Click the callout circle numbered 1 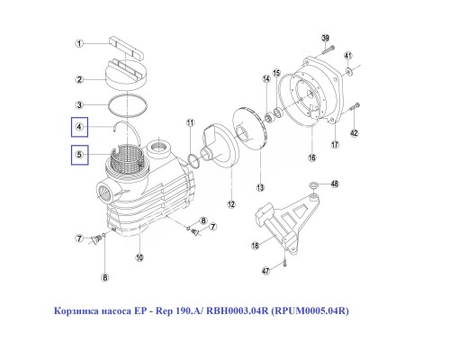(x=80, y=43)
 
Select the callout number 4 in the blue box (x=81, y=128)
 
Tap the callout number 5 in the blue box (x=81, y=156)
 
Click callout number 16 (x=313, y=157)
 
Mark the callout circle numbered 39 (x=325, y=37)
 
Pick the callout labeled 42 (x=355, y=133)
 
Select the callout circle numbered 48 (x=335, y=184)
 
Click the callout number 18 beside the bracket (x=255, y=244)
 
